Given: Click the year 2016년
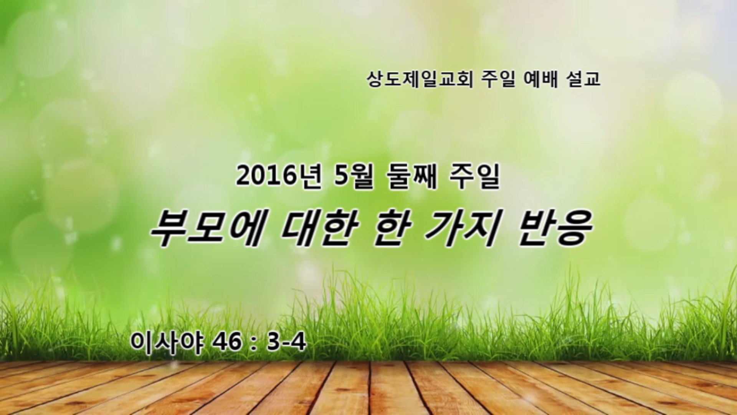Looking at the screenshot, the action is coord(278,178).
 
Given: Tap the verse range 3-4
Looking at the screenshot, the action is coord(287,342).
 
